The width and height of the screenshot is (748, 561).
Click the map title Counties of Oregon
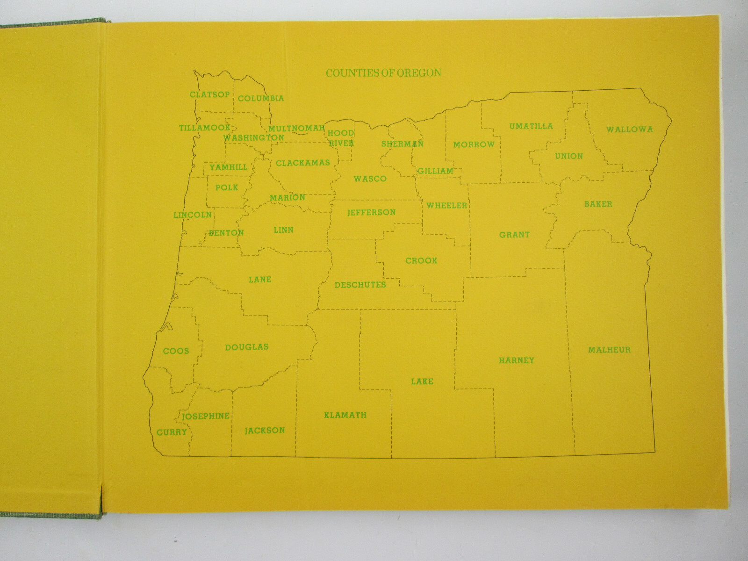click(383, 73)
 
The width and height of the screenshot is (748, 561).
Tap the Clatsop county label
click(209, 94)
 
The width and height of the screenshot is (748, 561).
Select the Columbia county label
click(260, 98)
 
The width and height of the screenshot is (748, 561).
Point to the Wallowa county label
click(629, 129)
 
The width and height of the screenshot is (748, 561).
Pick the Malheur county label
click(609, 350)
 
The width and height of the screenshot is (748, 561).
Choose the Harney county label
click(516, 360)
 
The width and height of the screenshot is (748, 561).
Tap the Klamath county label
click(345, 415)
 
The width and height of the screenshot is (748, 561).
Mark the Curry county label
click(172, 432)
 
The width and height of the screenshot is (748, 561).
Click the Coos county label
click(176, 351)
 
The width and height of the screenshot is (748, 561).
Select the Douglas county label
click(246, 347)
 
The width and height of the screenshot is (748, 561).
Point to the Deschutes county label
click(360, 285)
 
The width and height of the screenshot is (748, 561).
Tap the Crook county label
click(421, 260)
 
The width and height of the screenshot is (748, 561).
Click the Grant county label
click(514, 235)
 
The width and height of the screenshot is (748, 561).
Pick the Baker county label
click(598, 204)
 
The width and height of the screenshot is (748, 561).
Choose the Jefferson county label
click(371, 212)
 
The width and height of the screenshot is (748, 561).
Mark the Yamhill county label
click(228, 167)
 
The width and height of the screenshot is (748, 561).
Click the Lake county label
click(422, 381)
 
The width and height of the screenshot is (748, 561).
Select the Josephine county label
click(206, 416)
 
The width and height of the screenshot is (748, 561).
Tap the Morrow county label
click(474, 144)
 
